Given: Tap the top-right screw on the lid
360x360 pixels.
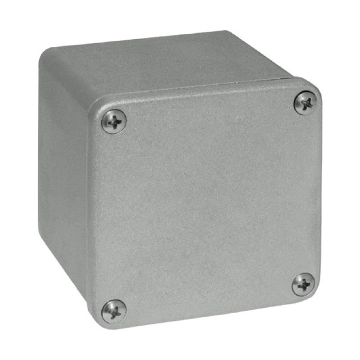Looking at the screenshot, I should pyautogui.click(x=306, y=103).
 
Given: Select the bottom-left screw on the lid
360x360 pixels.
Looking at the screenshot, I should pyautogui.click(x=113, y=311).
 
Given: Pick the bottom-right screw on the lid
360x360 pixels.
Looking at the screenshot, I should pyautogui.click(x=303, y=284).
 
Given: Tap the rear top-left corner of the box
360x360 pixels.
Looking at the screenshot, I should pyautogui.click(x=43, y=52).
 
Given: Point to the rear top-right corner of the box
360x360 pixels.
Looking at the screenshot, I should pyautogui.click(x=227, y=31).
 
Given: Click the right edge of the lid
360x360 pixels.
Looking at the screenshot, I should pyautogui.click(x=321, y=189).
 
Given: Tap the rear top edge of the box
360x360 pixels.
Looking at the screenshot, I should pyautogui.click(x=135, y=40).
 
